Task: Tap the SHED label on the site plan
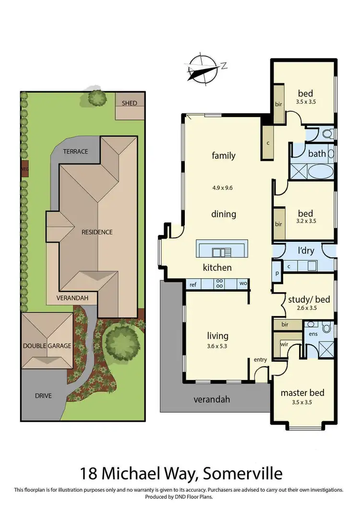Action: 129,103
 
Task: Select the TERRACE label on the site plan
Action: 76,151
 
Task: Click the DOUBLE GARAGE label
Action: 47,345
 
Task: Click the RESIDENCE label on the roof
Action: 96,232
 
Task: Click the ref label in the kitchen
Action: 193,284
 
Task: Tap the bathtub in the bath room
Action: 317,171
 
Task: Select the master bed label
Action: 302,392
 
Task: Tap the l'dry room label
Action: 306,250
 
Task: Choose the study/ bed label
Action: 309,299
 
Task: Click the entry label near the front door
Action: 260,360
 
